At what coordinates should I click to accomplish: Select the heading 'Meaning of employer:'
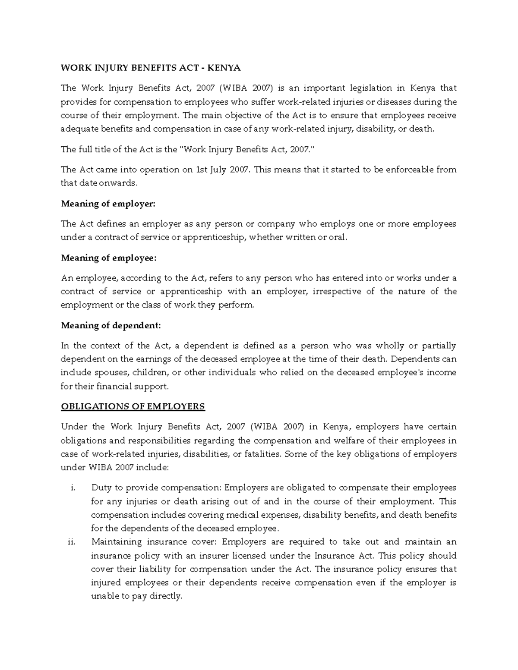[107, 204]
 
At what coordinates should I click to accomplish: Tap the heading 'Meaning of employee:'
[108, 258]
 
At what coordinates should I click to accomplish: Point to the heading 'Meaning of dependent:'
[111, 325]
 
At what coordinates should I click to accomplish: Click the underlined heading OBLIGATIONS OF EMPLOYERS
[133, 406]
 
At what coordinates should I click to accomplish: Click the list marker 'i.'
[73, 488]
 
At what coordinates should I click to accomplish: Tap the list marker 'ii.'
[72, 542]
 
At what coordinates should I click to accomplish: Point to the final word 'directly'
[166, 596]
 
